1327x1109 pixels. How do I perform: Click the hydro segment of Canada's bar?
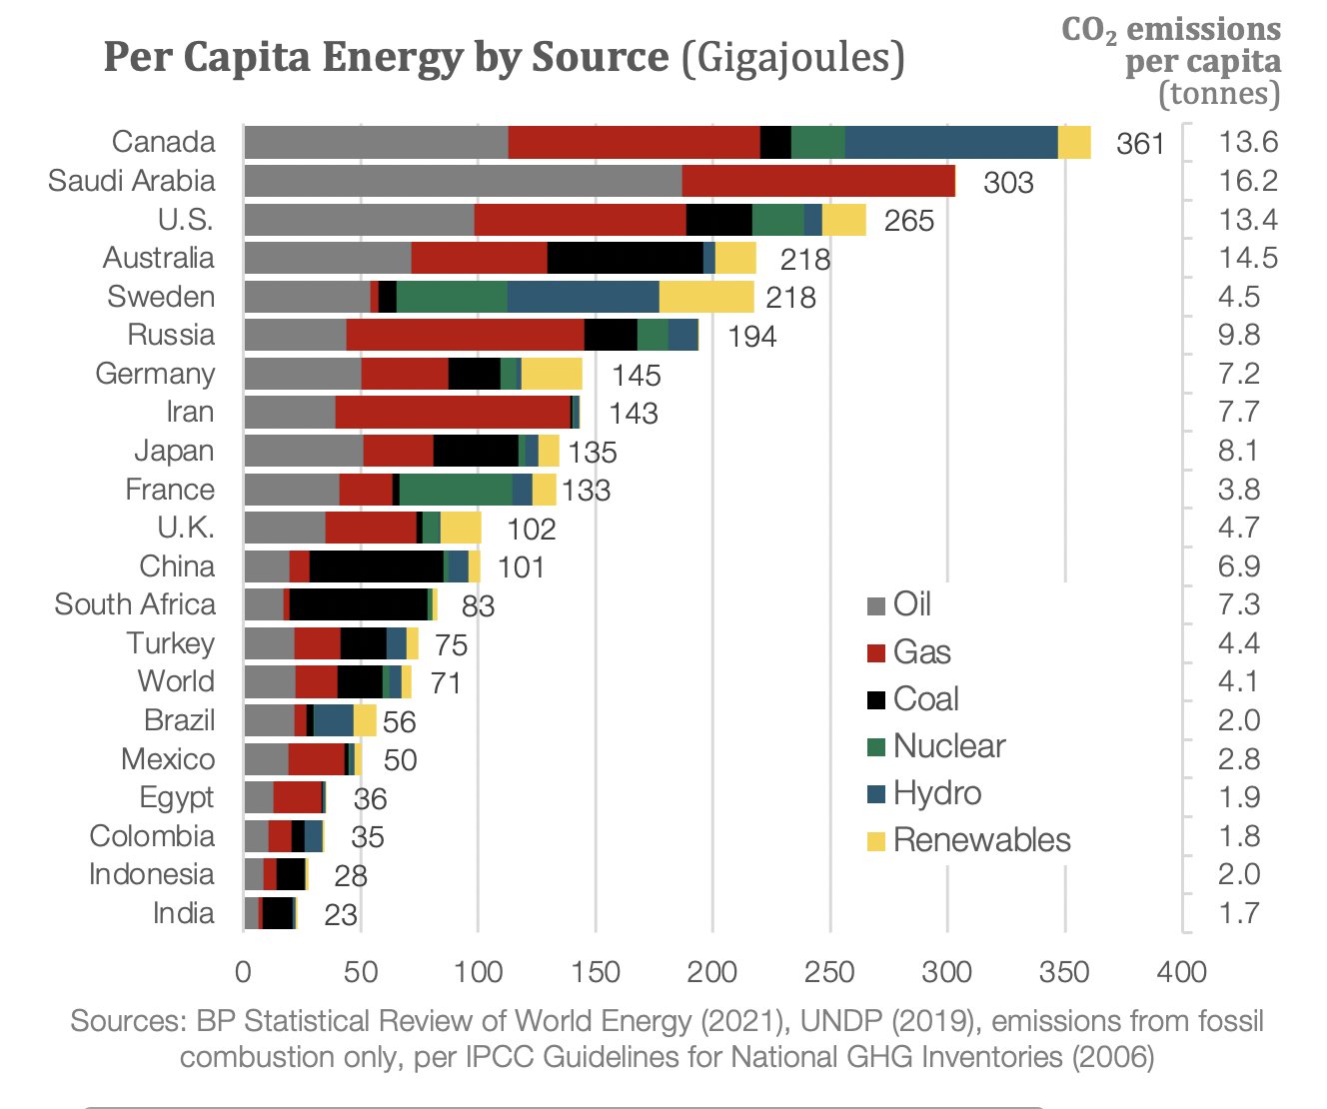click(x=950, y=143)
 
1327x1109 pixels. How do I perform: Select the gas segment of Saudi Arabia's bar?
click(x=817, y=181)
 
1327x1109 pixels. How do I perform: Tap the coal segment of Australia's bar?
click(x=625, y=258)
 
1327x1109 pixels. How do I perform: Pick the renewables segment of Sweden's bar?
click(x=705, y=297)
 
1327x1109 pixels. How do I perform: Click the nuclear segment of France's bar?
click(x=456, y=490)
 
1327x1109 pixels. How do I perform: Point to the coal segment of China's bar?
click(x=376, y=566)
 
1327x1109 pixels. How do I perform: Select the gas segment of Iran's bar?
click(x=452, y=412)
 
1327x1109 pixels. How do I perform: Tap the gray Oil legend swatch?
click(x=876, y=605)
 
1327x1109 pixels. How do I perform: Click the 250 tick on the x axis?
click(x=829, y=971)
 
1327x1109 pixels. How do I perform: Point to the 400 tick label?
click(x=1181, y=971)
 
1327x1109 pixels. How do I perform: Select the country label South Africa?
click(x=135, y=604)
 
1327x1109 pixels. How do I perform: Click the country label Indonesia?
click(x=151, y=874)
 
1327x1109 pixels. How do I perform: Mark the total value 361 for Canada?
click(x=1140, y=144)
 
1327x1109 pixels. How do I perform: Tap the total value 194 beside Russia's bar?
click(x=751, y=337)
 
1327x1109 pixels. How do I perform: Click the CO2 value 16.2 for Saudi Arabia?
click(x=1247, y=181)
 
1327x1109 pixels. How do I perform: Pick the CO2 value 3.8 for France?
click(x=1238, y=490)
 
